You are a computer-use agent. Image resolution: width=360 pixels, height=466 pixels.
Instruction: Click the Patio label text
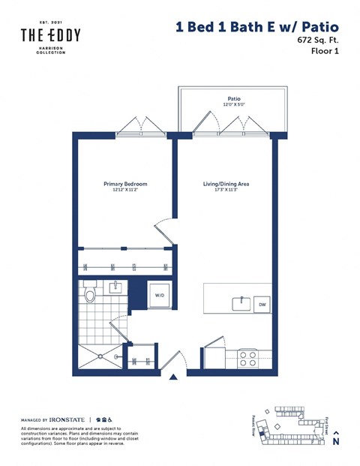click(233, 98)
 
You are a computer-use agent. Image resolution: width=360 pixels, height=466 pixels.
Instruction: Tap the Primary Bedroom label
click(124, 184)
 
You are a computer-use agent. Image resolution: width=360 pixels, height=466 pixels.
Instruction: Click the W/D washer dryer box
click(160, 296)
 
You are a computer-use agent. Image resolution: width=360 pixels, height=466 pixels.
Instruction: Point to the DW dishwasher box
click(262, 304)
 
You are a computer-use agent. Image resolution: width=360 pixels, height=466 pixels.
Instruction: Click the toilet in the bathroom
click(91, 294)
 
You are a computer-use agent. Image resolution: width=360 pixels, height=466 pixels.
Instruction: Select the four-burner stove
click(247, 359)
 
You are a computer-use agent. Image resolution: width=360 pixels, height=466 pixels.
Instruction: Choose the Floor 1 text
click(322, 53)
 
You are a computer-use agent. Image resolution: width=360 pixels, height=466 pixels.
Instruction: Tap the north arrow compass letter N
click(336, 443)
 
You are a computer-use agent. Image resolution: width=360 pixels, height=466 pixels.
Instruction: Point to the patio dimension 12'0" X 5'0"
click(233, 105)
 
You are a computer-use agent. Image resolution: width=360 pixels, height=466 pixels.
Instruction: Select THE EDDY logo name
click(50, 35)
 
